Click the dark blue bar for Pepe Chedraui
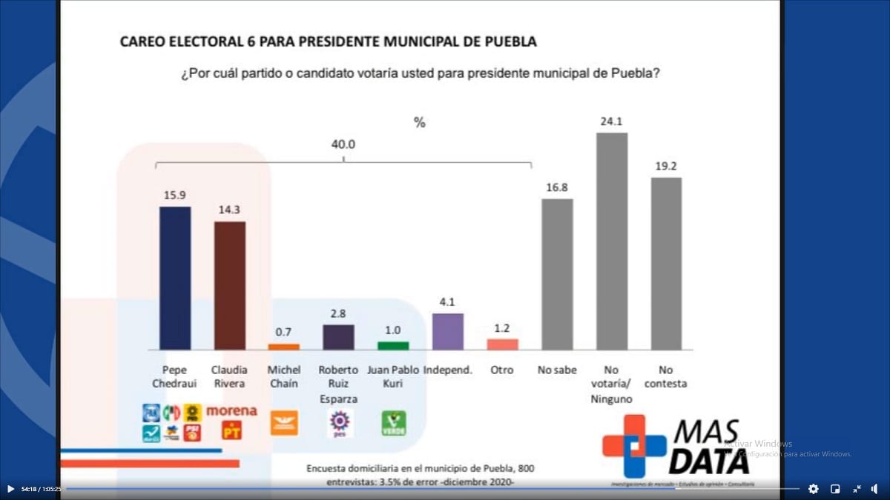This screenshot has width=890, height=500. (175, 278)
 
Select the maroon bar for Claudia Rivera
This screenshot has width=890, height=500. (230, 285)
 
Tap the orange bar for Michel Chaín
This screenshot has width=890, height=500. (283, 346)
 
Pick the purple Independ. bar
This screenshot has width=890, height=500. (448, 331)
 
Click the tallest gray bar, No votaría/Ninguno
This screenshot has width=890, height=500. (612, 241)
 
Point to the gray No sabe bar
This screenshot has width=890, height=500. (557, 274)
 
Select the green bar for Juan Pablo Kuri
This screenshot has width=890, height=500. (393, 345)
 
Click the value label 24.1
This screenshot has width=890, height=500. (612, 121)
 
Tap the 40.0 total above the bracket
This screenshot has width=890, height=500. (343, 144)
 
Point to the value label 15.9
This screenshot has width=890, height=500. (175, 195)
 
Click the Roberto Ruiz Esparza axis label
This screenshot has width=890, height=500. (338, 384)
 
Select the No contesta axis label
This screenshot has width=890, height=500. (666, 376)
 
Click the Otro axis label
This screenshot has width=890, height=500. (502, 370)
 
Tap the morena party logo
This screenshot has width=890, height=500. (231, 410)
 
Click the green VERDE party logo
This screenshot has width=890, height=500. (393, 424)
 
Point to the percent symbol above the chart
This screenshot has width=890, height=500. (420, 123)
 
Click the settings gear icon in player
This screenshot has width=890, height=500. (813, 489)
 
